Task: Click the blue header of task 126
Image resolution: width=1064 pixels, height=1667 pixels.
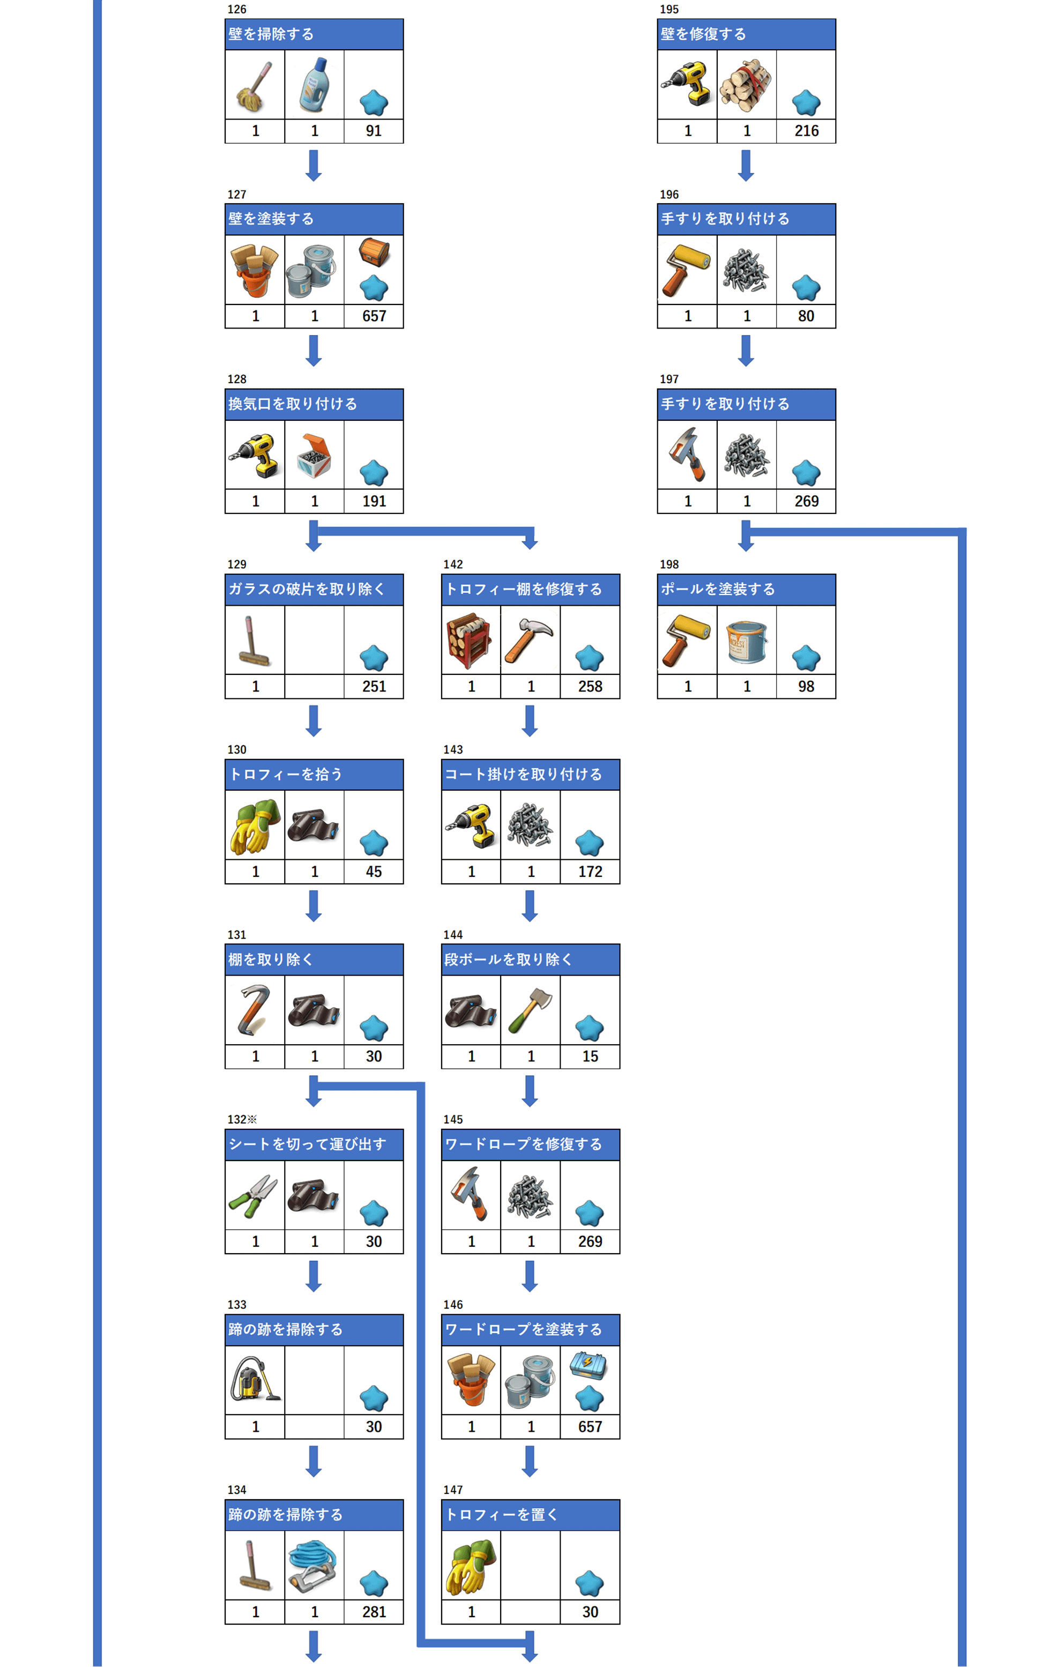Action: tap(314, 34)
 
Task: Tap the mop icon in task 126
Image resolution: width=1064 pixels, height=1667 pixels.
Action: tap(254, 86)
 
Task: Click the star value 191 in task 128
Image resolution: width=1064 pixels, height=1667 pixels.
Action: tap(374, 501)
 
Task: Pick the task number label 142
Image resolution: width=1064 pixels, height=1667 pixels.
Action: tap(453, 564)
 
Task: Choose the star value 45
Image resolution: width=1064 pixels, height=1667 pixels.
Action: tap(374, 872)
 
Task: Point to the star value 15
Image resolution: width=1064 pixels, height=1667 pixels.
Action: tap(590, 1056)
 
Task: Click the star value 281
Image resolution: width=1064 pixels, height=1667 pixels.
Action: tap(374, 1612)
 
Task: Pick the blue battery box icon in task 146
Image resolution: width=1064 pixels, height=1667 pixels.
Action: tap(589, 1365)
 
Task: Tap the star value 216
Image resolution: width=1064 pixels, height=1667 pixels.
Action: tap(807, 131)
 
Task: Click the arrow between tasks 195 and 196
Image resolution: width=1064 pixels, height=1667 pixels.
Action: tap(746, 166)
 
